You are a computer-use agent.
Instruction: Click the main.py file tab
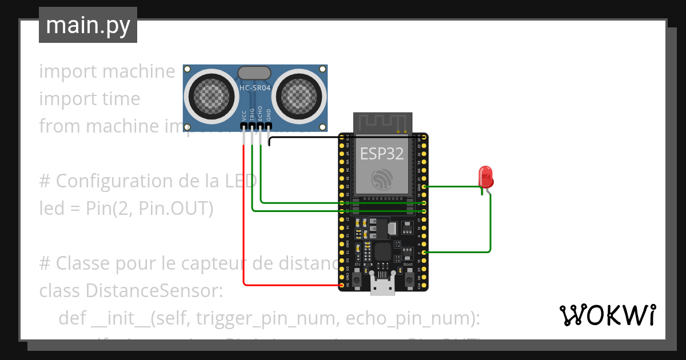(x=88, y=26)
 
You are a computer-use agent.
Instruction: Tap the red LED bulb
(x=485, y=175)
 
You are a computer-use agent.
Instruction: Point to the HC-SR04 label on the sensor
(x=255, y=87)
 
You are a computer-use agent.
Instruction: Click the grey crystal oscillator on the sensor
(x=254, y=73)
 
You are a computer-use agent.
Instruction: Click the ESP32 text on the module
(x=381, y=153)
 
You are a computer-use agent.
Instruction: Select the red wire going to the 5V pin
(x=245, y=229)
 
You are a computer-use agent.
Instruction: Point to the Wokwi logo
(x=607, y=315)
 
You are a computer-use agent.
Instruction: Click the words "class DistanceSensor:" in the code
(x=131, y=290)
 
